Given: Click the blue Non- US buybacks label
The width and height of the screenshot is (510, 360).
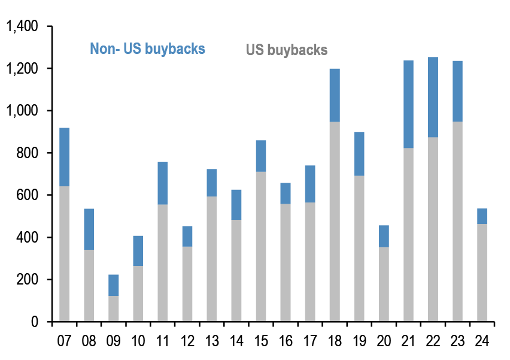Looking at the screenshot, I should click(x=147, y=49).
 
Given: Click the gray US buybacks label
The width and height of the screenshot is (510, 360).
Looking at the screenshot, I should click(x=287, y=50).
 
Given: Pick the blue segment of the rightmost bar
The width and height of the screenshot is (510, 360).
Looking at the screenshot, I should click(x=482, y=216).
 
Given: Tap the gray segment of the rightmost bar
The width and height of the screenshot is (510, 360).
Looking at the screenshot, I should click(x=482, y=273).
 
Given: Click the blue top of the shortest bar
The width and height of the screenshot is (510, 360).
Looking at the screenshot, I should click(x=114, y=285).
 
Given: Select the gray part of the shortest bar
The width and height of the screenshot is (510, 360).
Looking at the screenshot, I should click(x=114, y=308).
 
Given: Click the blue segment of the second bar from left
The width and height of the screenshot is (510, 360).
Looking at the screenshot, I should click(x=89, y=229).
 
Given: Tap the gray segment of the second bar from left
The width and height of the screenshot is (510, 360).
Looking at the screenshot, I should click(x=89, y=285).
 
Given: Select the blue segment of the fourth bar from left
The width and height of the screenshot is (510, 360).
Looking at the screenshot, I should click(x=138, y=250).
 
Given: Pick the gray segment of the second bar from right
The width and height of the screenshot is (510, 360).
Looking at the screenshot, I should click(x=457, y=221).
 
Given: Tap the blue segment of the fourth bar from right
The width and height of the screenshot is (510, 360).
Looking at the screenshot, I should click(x=408, y=104).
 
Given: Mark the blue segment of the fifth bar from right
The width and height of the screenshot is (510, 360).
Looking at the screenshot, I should click(x=384, y=236).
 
